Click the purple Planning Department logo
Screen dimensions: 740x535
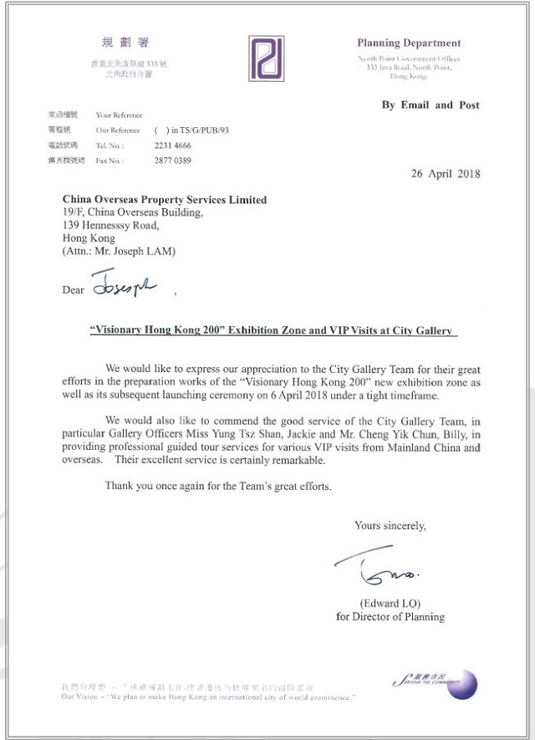coord(267,59)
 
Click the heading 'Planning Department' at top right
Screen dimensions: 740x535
coord(408,43)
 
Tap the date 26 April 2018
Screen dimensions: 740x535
coord(445,174)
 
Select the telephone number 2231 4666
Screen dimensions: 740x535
coord(173,145)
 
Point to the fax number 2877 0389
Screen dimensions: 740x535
coord(173,160)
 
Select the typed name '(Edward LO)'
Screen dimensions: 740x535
coord(390,603)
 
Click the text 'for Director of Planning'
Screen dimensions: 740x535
coord(390,617)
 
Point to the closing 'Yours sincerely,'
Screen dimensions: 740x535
coord(390,525)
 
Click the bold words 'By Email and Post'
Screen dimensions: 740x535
coord(431,105)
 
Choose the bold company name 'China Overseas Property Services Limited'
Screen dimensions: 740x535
coord(165,200)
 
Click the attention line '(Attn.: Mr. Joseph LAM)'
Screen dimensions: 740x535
coord(120,251)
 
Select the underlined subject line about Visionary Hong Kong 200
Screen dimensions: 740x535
coord(273,330)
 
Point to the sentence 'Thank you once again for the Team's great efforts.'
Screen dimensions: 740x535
coord(218,486)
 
